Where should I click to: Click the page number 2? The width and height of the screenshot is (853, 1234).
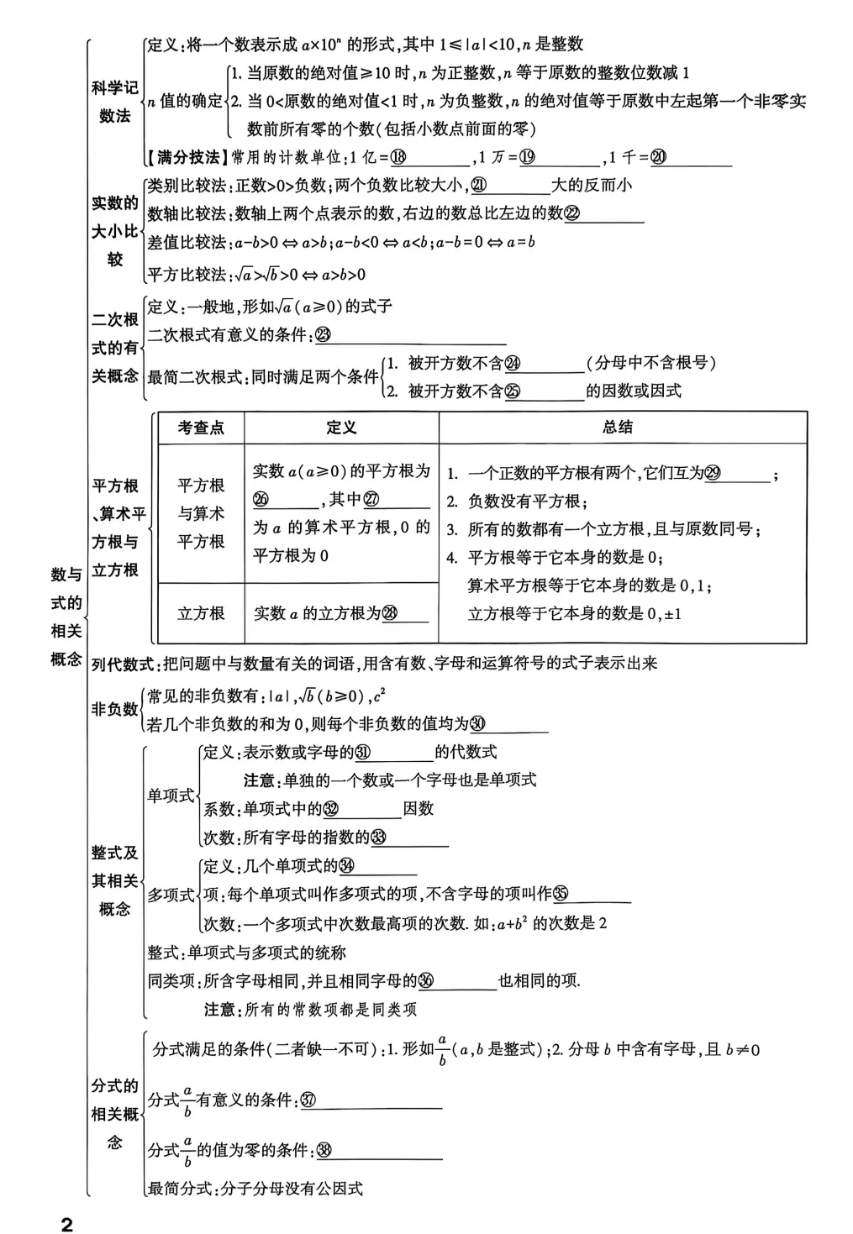(67, 1223)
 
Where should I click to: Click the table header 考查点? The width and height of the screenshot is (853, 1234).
(201, 428)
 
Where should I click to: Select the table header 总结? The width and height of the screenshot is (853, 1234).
(618, 427)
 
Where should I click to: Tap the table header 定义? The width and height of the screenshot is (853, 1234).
(341, 428)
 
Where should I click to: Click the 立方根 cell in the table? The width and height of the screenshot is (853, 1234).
(201, 613)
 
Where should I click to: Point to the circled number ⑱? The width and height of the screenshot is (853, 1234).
(398, 157)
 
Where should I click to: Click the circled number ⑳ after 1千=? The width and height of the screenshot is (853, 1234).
(658, 157)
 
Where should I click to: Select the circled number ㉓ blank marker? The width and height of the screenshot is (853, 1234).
(321, 335)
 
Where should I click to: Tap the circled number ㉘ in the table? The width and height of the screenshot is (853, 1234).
(390, 613)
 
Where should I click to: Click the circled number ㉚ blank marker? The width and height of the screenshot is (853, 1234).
(477, 723)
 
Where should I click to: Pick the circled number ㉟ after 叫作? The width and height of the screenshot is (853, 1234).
(561, 895)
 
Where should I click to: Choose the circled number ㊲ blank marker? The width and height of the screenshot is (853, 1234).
(308, 1100)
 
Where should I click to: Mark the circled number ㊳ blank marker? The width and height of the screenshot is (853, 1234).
(323, 1151)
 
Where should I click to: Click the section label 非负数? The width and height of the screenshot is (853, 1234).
(114, 710)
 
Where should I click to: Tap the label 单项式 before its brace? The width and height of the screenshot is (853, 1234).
(171, 796)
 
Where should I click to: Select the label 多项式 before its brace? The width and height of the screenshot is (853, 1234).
(171, 895)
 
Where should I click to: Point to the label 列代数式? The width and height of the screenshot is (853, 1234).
(122, 664)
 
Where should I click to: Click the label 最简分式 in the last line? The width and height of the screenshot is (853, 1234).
(179, 1189)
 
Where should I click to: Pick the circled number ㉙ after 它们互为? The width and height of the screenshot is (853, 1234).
(712, 474)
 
